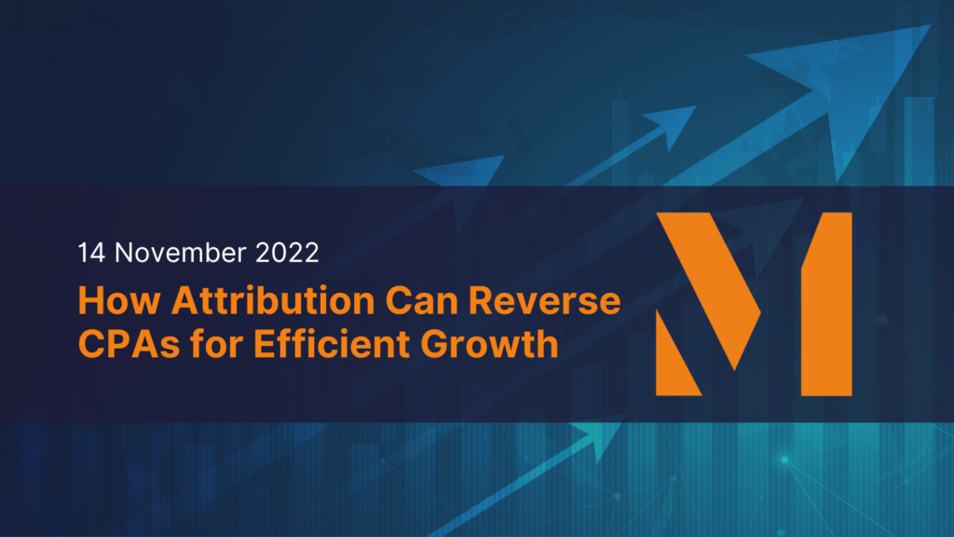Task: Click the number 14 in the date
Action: pos(91,253)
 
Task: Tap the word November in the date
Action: pos(181,253)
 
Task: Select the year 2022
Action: pos(287,253)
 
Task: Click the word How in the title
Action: pos(119,301)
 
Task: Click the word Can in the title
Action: pos(421,301)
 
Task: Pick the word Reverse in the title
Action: pos(544,301)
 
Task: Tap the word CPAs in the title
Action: pos(129,344)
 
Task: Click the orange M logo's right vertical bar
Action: pos(826,304)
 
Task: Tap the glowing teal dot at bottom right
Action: pos(784,460)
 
